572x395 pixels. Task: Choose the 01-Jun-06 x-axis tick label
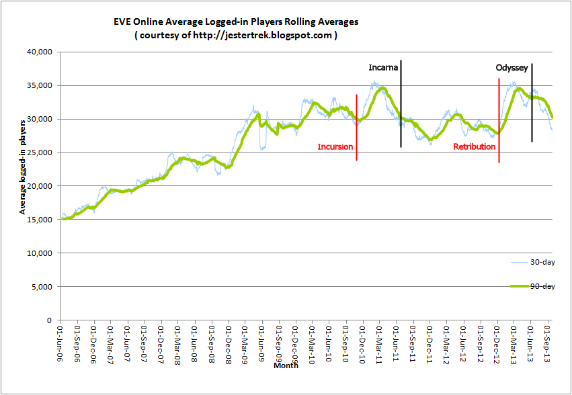click(61, 343)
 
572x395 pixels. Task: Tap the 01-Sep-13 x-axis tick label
click(548, 343)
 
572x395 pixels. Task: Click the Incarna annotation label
click(383, 68)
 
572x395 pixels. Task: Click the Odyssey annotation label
click(512, 68)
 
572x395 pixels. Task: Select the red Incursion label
click(335, 146)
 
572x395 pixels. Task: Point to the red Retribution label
click(474, 146)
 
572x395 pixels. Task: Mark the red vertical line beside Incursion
click(356, 128)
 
